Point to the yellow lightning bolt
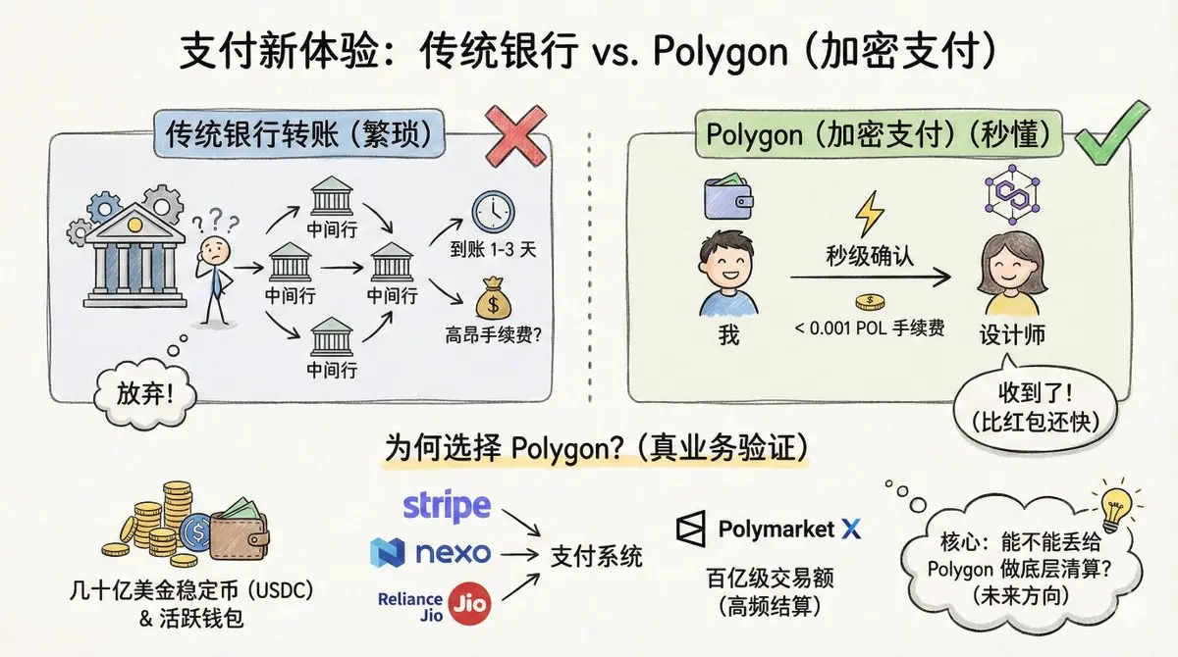869,212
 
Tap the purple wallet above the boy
728,198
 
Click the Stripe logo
447,506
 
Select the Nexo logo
431,552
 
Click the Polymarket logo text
776,530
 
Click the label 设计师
1012,334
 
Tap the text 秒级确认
869,259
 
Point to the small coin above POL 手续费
867,302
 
